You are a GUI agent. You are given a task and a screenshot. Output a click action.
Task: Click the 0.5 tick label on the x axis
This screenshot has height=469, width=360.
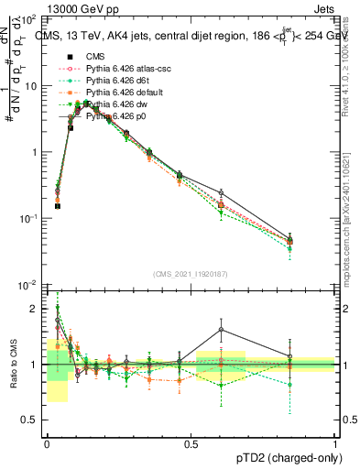(x=191, y=443)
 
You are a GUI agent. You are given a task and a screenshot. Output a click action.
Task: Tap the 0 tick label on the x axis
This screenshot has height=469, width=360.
(x=47, y=443)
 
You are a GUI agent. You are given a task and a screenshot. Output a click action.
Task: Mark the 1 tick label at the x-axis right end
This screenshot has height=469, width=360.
(x=334, y=443)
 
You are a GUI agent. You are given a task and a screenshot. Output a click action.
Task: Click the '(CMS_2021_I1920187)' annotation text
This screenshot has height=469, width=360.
(x=191, y=274)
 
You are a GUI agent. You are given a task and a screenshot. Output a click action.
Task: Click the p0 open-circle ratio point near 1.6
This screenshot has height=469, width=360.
(x=221, y=330)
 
